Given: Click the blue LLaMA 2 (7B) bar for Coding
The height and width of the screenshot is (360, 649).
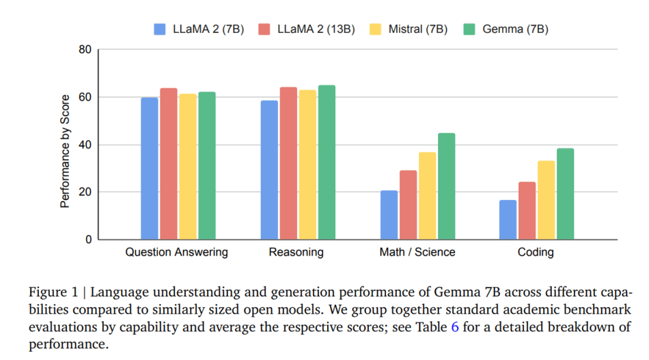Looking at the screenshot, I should coord(508,219).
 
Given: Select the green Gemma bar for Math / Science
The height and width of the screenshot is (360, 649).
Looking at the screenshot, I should coord(446,186).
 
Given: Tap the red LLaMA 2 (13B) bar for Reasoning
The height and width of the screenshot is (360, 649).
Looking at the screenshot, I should coord(288,163).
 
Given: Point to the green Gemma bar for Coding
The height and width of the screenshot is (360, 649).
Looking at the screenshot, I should coord(565,194).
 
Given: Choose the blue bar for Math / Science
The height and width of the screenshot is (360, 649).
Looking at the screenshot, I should coord(389,215).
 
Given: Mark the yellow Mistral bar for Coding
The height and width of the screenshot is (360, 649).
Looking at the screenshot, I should coord(546,200).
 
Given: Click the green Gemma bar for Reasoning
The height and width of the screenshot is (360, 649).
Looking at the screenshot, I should coord(327,163).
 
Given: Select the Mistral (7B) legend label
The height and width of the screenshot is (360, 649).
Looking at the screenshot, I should coord(417,29).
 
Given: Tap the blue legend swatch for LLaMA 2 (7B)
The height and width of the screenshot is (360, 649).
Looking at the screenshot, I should coord(161,29).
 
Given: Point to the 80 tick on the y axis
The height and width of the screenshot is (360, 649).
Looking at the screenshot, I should coord(85,50).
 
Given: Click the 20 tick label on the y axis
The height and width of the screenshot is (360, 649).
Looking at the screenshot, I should coord(85,192).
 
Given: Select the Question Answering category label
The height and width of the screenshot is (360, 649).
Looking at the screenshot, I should coord(176,253).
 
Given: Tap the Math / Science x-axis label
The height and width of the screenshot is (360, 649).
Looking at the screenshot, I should coord(417,253).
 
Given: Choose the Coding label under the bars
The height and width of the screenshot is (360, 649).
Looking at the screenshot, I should coord(536,253).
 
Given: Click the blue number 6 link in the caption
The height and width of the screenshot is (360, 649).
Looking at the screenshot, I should coord(455,327).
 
